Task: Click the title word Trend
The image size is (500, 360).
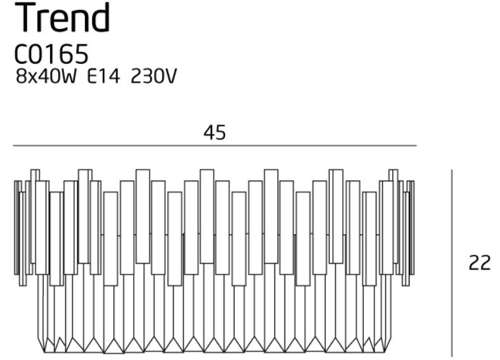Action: (63, 18)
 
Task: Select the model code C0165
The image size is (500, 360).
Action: (51, 54)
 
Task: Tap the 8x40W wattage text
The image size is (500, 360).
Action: (46, 77)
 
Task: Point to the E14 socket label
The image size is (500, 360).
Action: (104, 77)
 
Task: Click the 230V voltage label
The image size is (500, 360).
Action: (153, 77)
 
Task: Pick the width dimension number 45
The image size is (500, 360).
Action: (215, 132)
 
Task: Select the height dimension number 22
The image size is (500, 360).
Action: (479, 264)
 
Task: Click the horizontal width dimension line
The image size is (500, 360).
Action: (215, 146)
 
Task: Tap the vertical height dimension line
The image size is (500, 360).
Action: (452, 263)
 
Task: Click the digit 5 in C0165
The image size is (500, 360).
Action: (81, 55)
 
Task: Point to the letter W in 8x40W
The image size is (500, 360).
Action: (68, 77)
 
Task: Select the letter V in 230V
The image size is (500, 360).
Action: (170, 77)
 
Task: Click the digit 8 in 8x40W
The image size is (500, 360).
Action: (21, 77)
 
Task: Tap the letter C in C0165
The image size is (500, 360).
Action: (22, 55)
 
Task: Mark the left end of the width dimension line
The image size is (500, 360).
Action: (13, 146)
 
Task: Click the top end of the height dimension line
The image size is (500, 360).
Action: (452, 170)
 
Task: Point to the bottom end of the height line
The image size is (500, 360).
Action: (452, 356)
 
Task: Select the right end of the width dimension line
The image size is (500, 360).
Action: (416, 146)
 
